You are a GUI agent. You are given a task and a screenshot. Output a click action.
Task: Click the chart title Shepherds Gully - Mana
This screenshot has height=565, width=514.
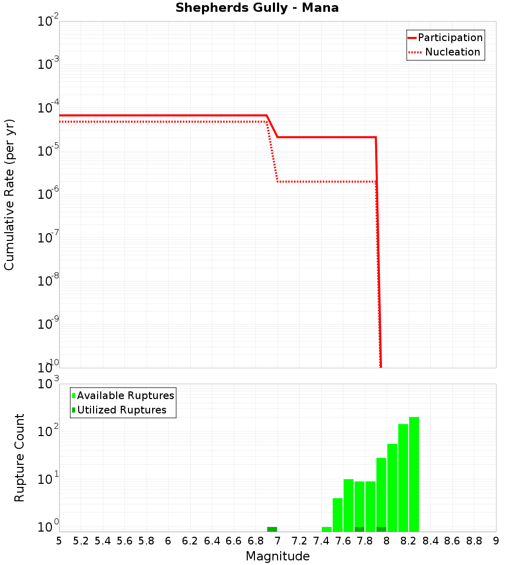click(257, 8)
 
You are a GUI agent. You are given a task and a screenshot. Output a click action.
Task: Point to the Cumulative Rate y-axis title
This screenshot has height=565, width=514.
click(9, 194)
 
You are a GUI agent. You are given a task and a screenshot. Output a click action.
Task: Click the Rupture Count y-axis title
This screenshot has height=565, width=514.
click(20, 457)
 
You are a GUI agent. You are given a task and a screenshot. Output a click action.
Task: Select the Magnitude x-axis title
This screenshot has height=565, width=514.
click(278, 556)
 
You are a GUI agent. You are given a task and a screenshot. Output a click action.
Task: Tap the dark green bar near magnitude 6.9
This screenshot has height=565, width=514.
click(272, 529)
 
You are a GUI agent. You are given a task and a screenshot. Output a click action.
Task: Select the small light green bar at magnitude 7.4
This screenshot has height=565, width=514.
click(326, 529)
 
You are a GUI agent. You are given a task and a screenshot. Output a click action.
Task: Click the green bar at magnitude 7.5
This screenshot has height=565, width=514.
click(338, 515)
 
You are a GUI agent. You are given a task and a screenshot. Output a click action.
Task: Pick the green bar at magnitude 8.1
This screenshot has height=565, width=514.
click(403, 477)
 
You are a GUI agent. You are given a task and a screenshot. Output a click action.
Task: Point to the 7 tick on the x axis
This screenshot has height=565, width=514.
click(278, 541)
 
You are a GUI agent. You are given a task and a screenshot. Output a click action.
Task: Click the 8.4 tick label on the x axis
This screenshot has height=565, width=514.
click(431, 541)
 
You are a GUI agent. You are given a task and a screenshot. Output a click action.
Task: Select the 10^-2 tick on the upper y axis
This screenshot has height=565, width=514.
click(48, 22)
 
